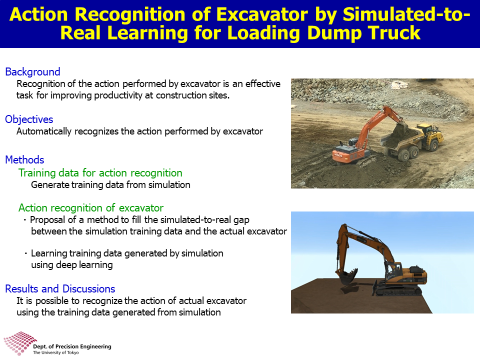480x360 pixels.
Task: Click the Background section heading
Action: (32, 71)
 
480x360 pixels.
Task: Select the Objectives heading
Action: (29, 119)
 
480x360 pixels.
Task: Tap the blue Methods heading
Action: (24, 160)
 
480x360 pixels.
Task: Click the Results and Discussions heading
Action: (60, 288)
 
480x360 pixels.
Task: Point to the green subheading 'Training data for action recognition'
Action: (100, 173)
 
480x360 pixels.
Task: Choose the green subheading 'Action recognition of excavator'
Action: (91, 208)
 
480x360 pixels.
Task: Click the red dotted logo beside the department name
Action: (19, 343)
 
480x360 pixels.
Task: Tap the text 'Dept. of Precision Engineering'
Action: (72, 346)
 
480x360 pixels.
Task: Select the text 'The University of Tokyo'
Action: (55, 352)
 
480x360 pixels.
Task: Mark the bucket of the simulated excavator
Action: (348, 276)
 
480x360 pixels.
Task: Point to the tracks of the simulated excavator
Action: (398, 290)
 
